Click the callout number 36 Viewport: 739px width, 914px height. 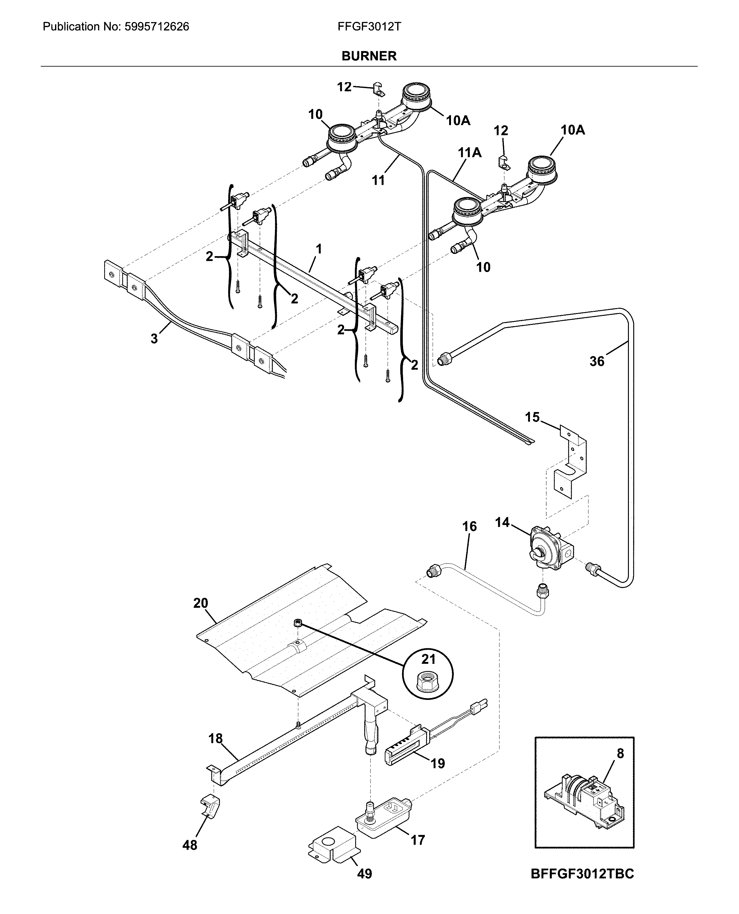[x=597, y=362]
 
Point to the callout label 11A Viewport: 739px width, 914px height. [x=470, y=152]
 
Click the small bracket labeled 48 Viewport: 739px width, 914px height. [x=210, y=806]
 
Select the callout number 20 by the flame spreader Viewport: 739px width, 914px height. [x=201, y=603]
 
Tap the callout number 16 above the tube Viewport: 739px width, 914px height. [x=470, y=527]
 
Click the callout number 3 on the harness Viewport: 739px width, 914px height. [x=154, y=339]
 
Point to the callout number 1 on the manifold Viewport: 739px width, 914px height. [x=318, y=249]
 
